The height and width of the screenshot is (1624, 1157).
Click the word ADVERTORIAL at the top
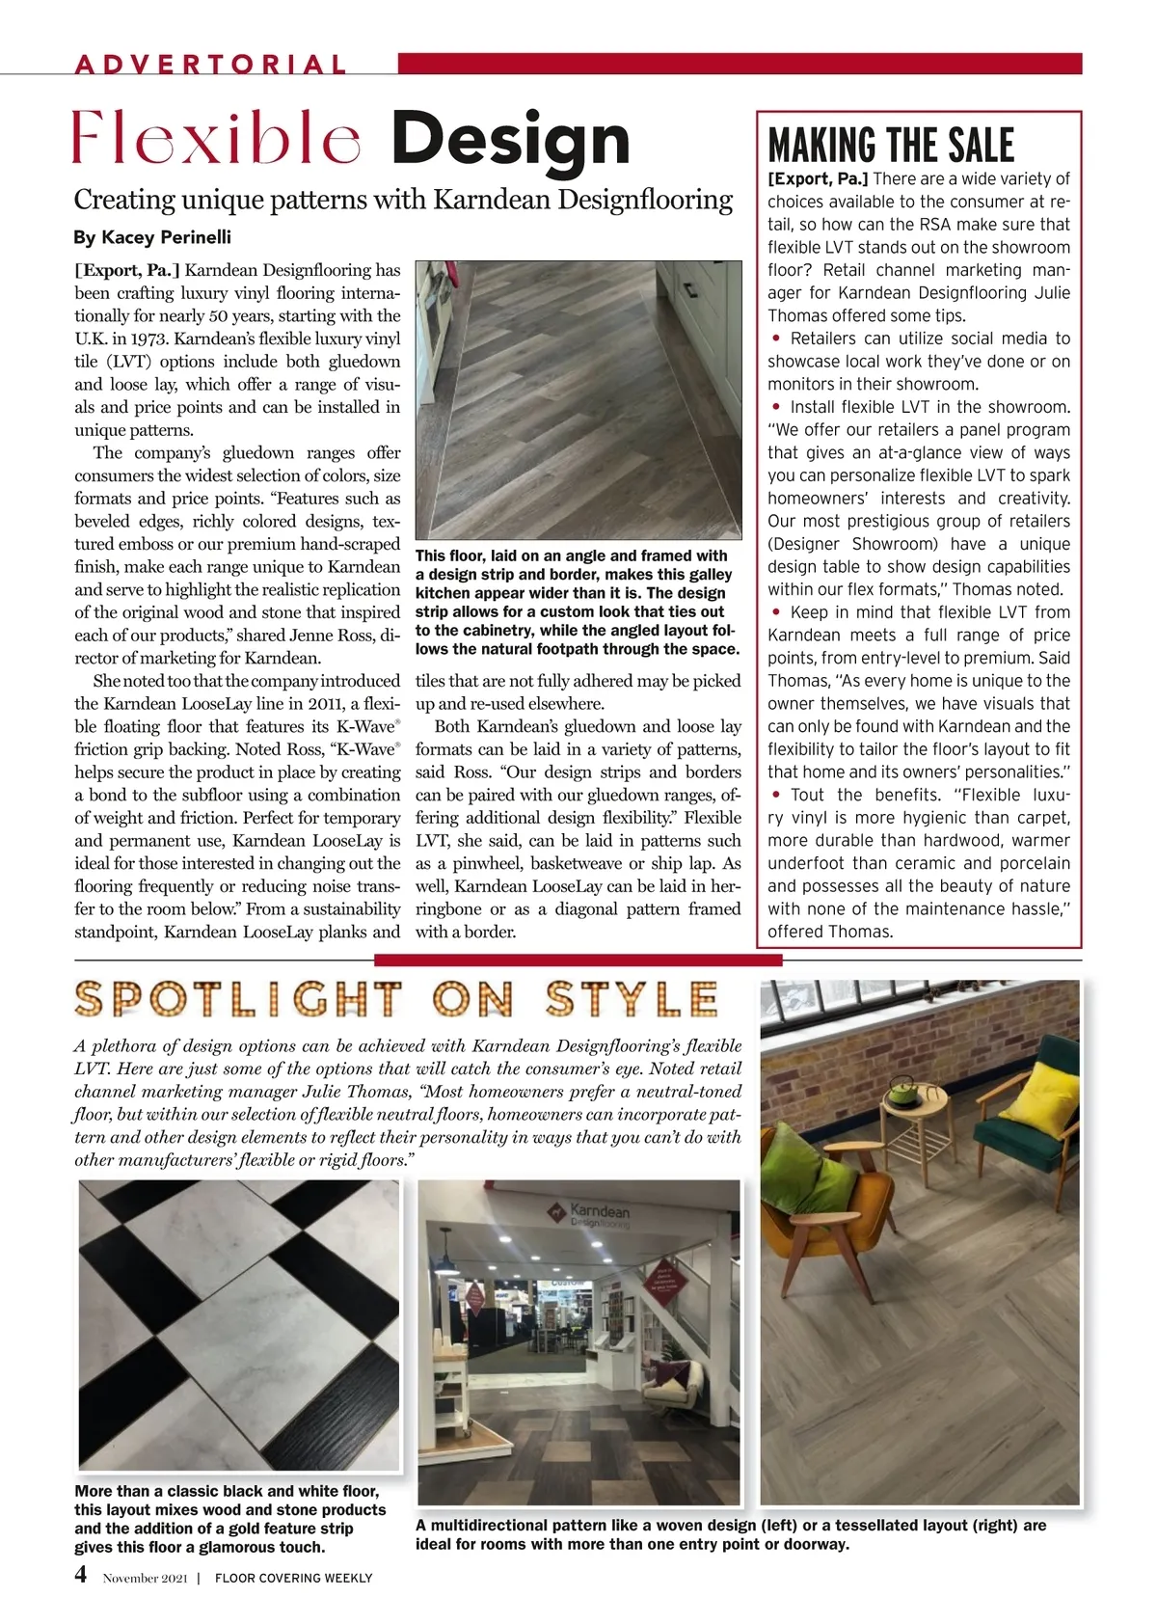click(210, 65)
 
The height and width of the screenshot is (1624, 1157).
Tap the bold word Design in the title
click(510, 140)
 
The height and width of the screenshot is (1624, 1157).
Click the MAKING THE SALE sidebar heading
click(891, 146)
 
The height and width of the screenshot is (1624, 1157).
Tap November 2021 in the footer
click(145, 1579)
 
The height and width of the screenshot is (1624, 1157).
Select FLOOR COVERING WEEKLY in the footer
click(293, 1579)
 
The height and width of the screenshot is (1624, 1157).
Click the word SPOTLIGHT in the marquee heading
click(237, 1000)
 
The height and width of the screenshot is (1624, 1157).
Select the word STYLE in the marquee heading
click(632, 1000)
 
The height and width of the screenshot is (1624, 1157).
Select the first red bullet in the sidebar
click(776, 338)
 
